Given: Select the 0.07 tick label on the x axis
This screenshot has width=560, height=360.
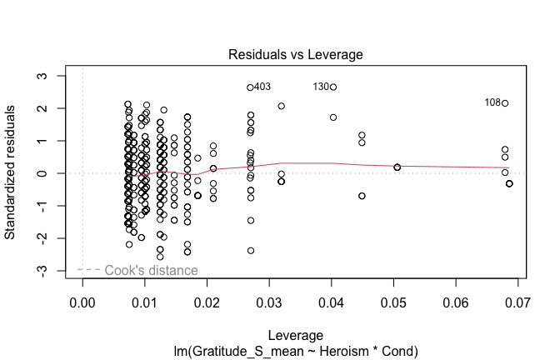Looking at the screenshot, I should tap(517, 298).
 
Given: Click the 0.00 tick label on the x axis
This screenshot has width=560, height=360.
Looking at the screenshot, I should tap(82, 298).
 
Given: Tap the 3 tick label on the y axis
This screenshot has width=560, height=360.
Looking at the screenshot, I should tap(52, 76).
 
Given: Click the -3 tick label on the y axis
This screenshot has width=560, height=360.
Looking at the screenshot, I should tap(52, 271).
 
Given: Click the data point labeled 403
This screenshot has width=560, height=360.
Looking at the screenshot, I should tap(250, 87).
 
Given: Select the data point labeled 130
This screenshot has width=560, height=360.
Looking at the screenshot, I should tap(333, 87).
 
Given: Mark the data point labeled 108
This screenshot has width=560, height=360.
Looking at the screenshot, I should tap(505, 103).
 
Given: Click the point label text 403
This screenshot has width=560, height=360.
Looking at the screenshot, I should tap(262, 87).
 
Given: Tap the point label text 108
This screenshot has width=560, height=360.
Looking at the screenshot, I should tap(492, 102).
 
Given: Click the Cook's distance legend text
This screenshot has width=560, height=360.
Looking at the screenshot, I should tap(151, 270).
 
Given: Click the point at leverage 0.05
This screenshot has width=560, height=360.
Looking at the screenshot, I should tap(397, 167).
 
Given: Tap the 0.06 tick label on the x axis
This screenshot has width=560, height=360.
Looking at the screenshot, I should tap(456, 298).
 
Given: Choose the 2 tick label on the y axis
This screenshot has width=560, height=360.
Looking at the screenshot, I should tap(52, 108).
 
